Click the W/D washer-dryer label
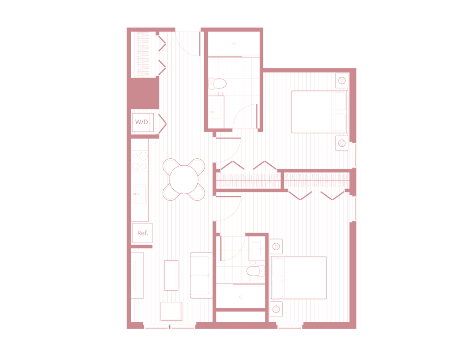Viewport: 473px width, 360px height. point(141,122)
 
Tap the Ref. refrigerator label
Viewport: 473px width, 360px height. point(143,233)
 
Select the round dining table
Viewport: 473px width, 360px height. point(184,180)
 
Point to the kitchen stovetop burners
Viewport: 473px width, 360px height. point(140,161)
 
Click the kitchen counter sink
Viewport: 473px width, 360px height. point(140,194)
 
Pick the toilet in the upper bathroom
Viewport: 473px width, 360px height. point(217,83)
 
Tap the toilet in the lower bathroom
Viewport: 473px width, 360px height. point(255,271)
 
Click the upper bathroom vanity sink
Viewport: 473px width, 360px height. point(216,112)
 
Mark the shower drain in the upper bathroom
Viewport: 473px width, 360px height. point(234,43)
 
